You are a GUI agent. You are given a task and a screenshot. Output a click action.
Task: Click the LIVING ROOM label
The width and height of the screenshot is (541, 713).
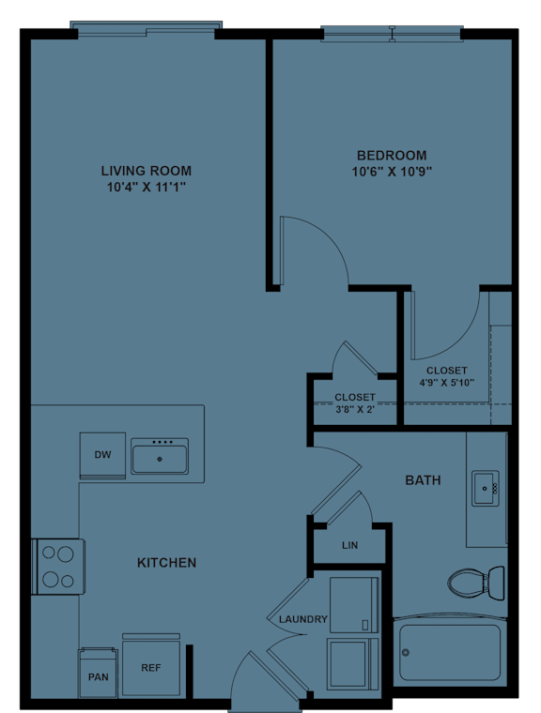tap(146, 171)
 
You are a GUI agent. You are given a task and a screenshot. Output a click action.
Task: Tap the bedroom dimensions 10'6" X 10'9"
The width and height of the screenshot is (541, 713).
tap(392, 172)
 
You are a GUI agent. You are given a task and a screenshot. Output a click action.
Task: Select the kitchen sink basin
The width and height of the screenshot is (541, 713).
tap(159, 457)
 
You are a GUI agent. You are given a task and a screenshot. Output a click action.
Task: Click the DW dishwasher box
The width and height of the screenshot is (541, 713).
tap(102, 456)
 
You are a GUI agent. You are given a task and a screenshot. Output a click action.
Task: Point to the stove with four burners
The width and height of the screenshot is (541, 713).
tap(57, 566)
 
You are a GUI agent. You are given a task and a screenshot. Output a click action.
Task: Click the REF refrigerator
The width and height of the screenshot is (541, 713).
tap(150, 668)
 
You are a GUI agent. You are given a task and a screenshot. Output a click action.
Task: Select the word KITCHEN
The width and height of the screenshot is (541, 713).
tap(167, 563)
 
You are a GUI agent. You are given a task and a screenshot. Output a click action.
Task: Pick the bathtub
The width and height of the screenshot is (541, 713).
tap(449, 651)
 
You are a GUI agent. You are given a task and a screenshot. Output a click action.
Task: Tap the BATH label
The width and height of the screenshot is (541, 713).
tap(423, 480)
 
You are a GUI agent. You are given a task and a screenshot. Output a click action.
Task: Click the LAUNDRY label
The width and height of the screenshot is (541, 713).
tap(302, 619)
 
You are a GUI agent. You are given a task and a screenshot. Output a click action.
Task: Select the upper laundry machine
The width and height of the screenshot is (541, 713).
tap(353, 603)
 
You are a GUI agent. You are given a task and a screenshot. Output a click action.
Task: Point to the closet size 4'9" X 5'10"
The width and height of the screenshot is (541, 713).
tap(447, 382)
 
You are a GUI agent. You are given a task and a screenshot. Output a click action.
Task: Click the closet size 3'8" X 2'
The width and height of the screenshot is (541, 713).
tap(355, 409)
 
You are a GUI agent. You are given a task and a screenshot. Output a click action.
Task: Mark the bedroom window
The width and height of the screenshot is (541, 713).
tap(392, 34)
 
